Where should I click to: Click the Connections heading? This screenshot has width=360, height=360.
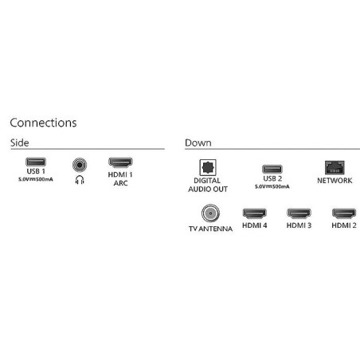point(43,123)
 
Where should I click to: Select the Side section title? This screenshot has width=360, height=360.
point(20,143)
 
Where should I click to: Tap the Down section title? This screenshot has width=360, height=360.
point(198,143)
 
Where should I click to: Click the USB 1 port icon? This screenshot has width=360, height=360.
point(36,162)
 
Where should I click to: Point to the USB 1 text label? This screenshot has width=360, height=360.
point(36,171)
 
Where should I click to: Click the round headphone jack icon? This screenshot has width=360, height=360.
point(80,165)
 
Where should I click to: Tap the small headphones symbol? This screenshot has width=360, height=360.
point(80,180)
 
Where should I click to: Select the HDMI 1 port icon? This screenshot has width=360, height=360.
point(120,162)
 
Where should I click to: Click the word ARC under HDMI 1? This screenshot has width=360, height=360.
point(120,183)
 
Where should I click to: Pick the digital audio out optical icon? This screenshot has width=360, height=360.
point(208,167)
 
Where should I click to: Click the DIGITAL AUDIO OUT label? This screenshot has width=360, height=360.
point(208,185)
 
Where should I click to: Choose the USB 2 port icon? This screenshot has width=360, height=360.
point(272,169)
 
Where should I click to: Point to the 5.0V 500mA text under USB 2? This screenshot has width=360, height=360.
point(272,186)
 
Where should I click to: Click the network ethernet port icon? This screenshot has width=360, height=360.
point(335,167)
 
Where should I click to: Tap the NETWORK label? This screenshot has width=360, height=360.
point(335,181)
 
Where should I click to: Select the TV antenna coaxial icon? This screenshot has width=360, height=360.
point(210,213)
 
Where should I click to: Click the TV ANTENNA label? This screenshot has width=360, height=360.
point(210,229)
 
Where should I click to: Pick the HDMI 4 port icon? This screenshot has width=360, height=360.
point(254,213)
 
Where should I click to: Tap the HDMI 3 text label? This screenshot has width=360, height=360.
point(299,225)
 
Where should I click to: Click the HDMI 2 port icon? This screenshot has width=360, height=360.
point(344,213)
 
